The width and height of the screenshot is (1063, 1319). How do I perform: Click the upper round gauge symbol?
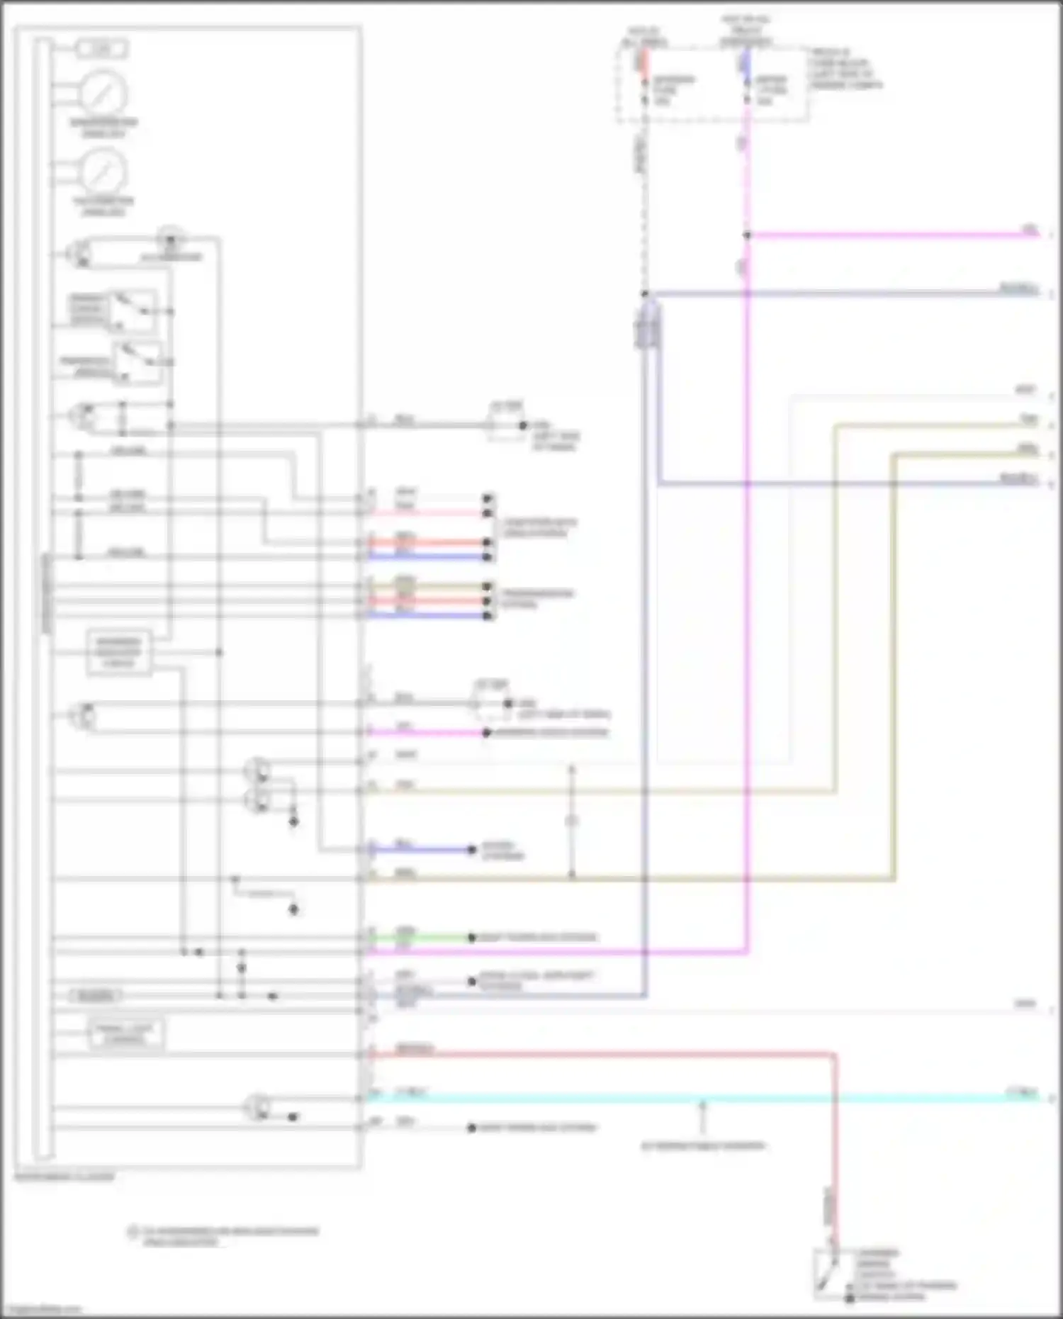[103, 93]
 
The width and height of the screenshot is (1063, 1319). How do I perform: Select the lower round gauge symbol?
[103, 172]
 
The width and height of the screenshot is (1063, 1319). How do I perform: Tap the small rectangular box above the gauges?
[102, 49]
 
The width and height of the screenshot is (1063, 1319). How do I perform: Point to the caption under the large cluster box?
[64, 1177]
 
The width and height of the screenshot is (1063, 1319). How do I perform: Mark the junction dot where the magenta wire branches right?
[747, 235]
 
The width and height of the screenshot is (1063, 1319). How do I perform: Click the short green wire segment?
[422, 938]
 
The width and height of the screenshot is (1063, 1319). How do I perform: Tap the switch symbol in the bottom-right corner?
[826, 1273]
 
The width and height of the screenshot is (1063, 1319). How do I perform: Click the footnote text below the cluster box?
[227, 1236]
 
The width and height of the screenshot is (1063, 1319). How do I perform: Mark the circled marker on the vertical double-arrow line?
[572, 821]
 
